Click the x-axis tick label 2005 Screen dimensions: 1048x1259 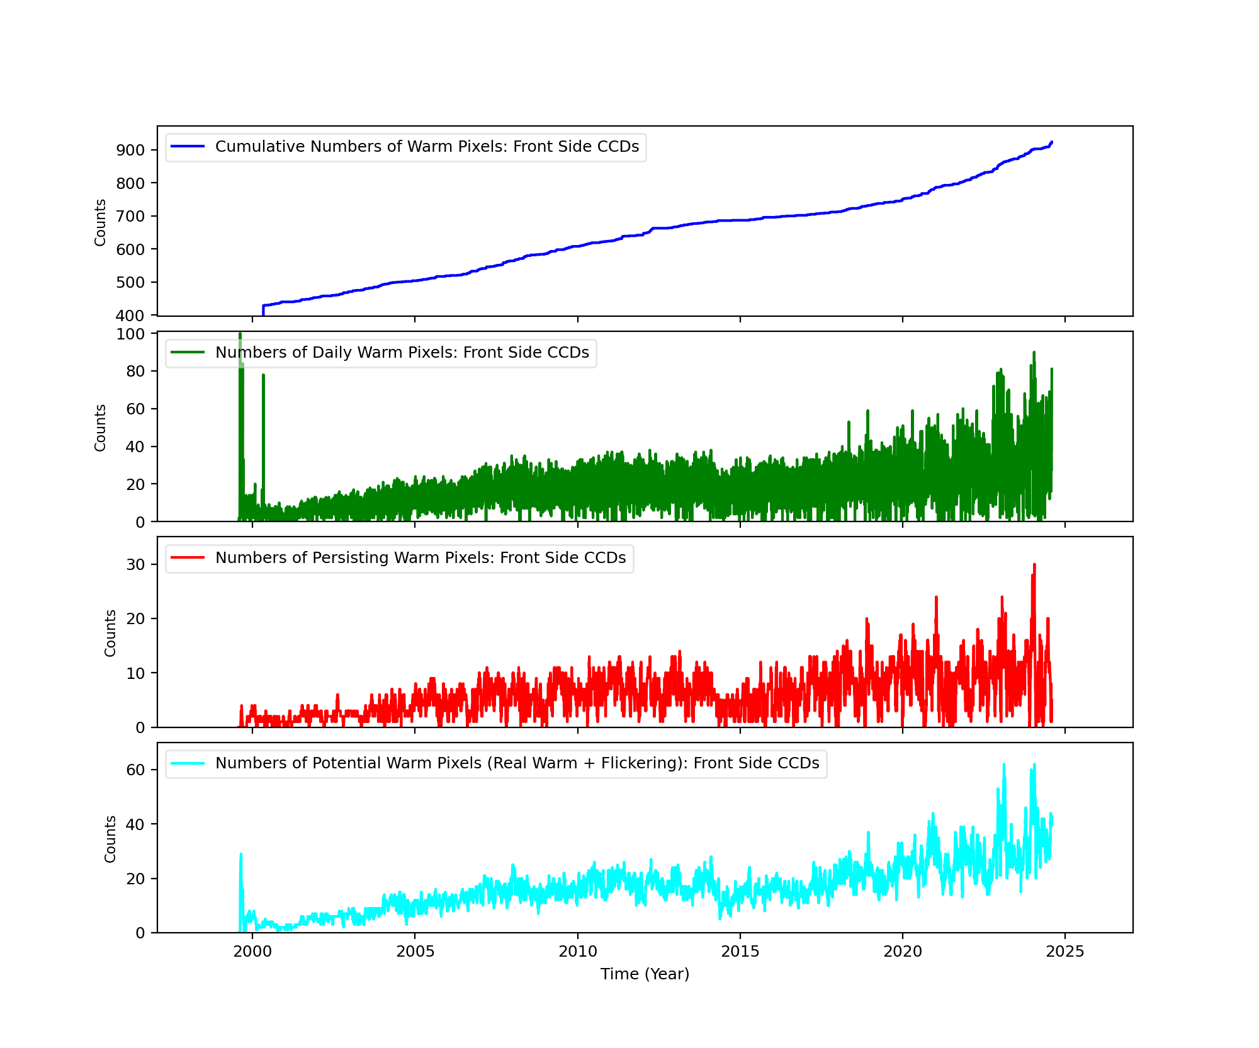415,951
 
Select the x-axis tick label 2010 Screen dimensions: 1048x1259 577,951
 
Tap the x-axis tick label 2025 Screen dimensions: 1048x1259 1064,951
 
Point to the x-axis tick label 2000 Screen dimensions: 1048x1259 252,951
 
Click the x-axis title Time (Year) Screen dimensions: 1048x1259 645,974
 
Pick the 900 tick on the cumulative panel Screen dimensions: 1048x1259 130,151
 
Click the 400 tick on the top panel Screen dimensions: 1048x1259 130,316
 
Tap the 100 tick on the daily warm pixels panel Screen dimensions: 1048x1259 130,334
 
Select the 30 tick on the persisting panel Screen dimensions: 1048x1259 135,565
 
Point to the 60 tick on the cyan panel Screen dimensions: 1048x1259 135,770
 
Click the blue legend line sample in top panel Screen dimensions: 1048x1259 188,147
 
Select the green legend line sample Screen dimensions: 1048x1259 188,353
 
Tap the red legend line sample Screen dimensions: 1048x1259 188,558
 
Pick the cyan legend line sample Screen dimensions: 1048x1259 188,763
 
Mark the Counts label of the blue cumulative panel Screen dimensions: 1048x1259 100,222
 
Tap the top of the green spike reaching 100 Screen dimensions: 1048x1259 240,334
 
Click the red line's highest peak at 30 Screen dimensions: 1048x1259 1034,565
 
